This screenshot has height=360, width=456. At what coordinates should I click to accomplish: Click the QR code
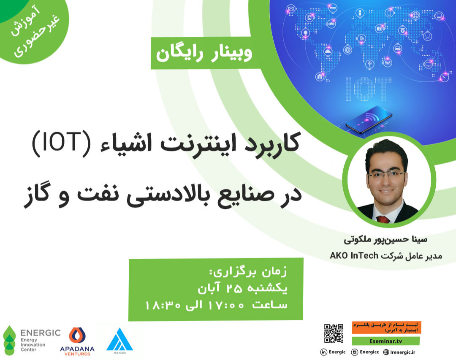[x=333, y=333]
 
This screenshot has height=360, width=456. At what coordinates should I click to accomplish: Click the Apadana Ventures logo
[x=77, y=340]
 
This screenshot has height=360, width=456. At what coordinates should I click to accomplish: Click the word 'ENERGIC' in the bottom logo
[x=40, y=333]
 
